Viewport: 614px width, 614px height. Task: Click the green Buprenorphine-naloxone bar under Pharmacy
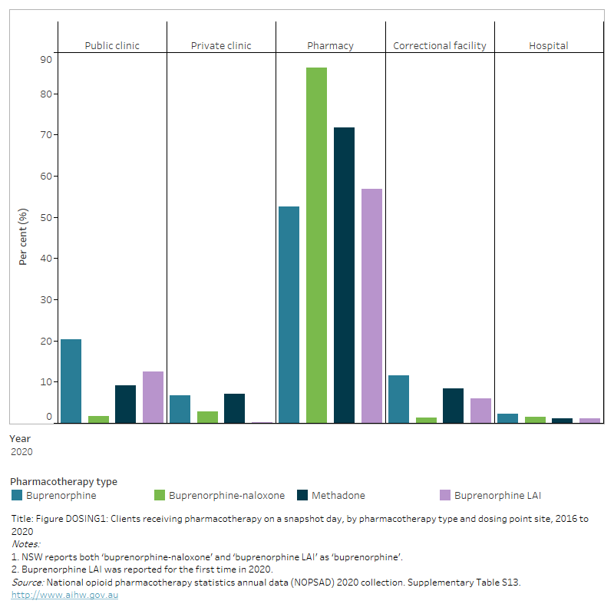[316, 246]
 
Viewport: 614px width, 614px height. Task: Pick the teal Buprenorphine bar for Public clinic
[71, 381]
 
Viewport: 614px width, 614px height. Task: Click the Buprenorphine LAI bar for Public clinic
[153, 397]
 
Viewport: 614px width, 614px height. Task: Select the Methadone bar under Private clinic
[234, 408]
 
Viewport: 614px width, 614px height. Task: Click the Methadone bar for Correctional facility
[453, 405]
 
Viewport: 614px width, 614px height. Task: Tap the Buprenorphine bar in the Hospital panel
[507, 418]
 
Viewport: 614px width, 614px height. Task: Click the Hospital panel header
[548, 45]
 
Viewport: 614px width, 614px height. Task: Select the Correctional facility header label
[439, 45]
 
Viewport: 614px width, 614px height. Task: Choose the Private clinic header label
[221, 45]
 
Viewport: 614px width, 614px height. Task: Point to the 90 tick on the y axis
[45, 59]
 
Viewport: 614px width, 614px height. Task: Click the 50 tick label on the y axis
[45, 217]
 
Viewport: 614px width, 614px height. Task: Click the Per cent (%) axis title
[23, 236]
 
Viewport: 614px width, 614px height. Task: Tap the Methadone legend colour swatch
[302, 495]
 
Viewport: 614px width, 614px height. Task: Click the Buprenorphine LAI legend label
[497, 495]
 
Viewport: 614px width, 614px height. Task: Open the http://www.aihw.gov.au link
[64, 595]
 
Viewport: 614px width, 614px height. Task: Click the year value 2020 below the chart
[21, 451]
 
